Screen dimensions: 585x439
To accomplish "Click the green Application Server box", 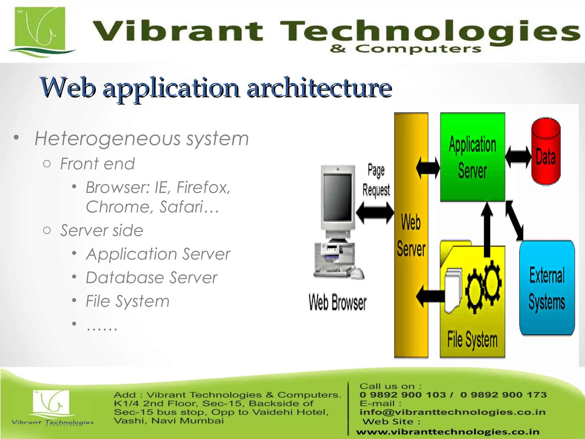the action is point(472,157).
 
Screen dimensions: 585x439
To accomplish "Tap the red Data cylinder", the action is point(546,151).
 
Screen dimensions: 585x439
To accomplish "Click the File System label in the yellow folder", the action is point(472,340).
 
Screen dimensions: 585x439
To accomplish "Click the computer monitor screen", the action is point(338,197).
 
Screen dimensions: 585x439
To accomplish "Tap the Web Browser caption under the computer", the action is point(337,302).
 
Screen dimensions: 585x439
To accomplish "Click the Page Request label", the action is point(376,180).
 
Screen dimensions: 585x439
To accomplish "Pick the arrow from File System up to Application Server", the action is point(487,229).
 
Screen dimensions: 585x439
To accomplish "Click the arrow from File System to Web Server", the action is point(431,296).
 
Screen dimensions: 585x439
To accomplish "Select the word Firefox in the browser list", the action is point(203,188).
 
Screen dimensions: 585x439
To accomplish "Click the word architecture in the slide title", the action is point(319,88).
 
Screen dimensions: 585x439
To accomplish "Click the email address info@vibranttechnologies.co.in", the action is point(452,412).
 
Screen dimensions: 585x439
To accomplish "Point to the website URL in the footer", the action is point(448,432).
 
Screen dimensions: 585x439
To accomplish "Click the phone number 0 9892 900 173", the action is point(503,395).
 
